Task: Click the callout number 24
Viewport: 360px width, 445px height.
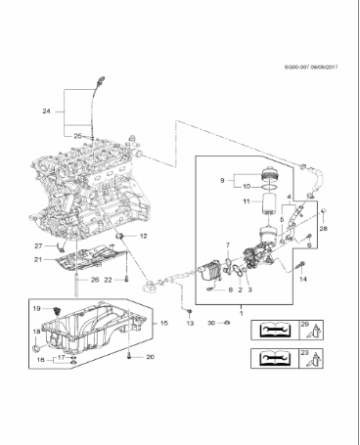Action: (x=46, y=111)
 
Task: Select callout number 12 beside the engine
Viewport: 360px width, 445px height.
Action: (x=142, y=237)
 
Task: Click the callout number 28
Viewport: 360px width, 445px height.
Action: (x=324, y=228)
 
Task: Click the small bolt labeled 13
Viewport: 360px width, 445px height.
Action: (x=189, y=311)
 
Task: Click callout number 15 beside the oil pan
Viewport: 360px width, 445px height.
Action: (x=163, y=323)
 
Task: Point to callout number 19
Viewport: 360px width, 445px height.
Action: (x=38, y=309)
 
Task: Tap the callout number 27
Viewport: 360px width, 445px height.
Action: (x=39, y=245)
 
